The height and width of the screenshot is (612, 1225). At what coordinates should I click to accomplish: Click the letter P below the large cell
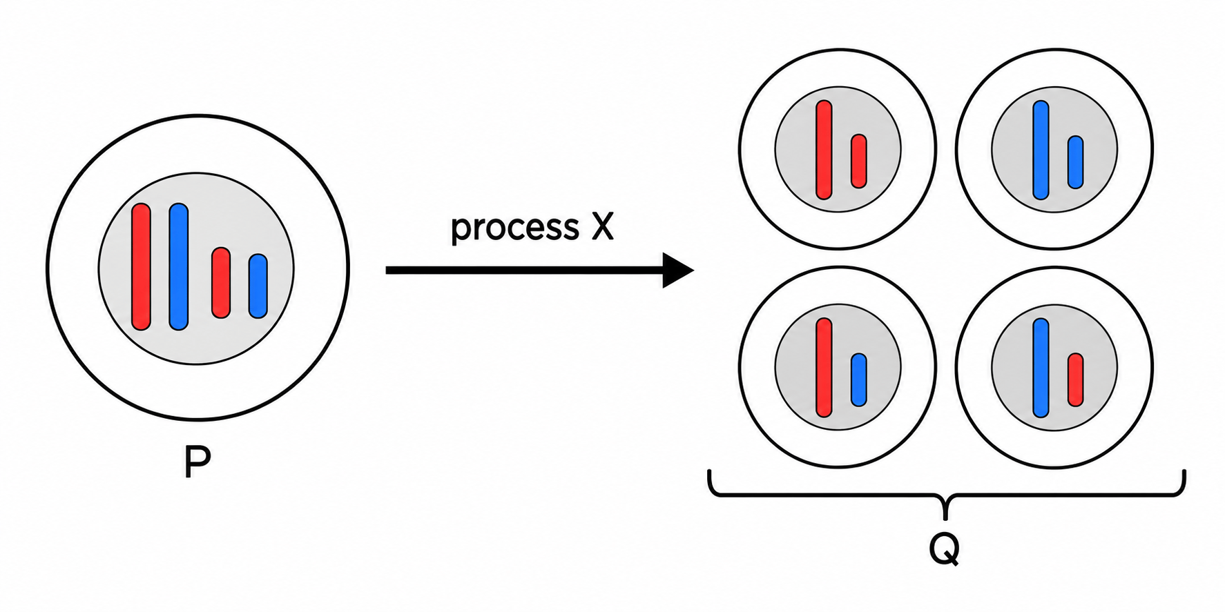[197, 462]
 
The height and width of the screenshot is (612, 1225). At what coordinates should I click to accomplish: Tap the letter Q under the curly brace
[944, 549]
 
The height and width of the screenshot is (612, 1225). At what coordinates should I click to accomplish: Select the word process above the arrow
[514, 228]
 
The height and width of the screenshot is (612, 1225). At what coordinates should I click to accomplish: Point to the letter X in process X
[602, 226]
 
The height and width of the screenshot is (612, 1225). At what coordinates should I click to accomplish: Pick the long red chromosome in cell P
[141, 267]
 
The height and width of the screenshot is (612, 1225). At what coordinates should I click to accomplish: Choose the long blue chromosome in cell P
[179, 267]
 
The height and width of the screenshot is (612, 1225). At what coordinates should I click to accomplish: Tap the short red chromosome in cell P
[221, 283]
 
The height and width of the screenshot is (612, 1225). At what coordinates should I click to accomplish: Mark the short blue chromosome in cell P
[258, 286]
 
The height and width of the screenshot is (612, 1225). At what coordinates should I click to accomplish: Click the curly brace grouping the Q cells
[946, 493]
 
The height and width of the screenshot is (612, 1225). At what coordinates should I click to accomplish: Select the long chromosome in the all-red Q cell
[824, 150]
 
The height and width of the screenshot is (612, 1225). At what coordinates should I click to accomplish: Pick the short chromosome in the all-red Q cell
[859, 161]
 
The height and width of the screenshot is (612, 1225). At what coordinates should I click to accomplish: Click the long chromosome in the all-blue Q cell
[1041, 150]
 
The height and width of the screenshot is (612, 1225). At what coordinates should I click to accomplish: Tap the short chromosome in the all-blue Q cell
[1075, 162]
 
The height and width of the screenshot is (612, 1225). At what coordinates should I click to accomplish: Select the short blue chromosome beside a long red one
[859, 379]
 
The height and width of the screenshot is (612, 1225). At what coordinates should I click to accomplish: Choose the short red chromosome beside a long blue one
[1075, 379]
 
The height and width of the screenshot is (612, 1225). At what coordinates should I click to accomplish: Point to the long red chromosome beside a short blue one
[824, 368]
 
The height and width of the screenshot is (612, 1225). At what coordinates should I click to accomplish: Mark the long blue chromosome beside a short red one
[1041, 368]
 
